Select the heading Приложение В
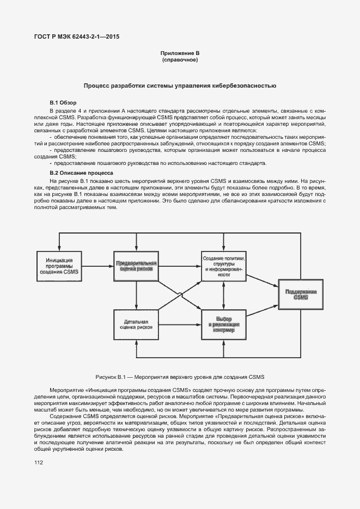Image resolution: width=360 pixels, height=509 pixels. (180, 53)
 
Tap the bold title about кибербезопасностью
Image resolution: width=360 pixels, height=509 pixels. (180, 85)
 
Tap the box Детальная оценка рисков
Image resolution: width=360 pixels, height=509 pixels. (136, 324)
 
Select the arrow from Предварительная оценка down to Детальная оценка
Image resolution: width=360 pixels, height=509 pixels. (136, 295)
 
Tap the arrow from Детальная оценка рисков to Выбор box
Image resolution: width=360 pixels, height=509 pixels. (180, 324)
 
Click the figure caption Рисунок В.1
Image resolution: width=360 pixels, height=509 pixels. (180, 377)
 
